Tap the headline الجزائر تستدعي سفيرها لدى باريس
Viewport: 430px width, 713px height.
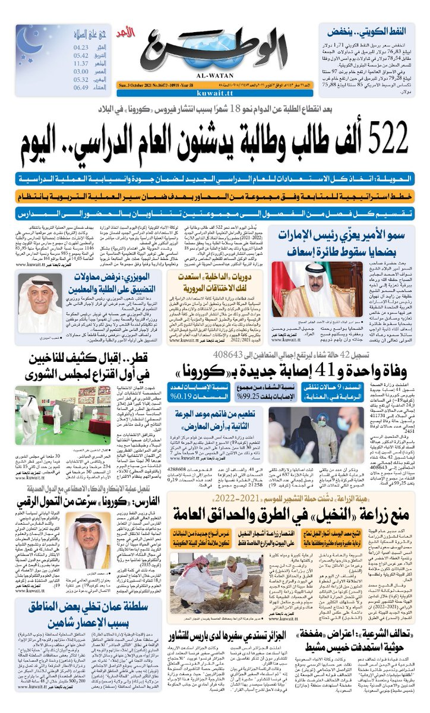click(232, 633)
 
